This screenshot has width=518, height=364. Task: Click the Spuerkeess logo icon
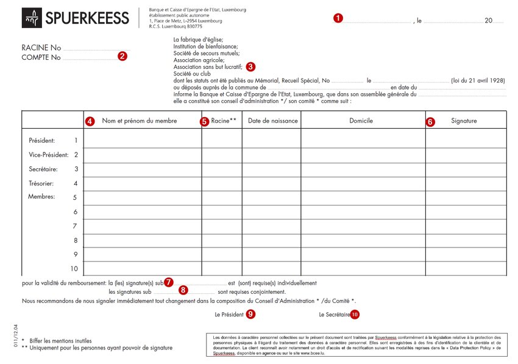tap(32, 18)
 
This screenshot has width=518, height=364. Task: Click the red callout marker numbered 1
tap(338, 18)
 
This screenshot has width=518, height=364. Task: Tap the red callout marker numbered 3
tap(250, 66)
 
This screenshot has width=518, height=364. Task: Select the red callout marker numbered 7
tap(169, 282)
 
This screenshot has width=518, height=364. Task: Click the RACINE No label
tap(41, 48)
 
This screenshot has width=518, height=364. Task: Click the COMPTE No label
tap(41, 58)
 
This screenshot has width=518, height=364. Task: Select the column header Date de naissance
tap(272, 121)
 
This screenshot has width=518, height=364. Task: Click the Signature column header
tap(464, 121)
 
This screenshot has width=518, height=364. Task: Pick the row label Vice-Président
tap(49, 155)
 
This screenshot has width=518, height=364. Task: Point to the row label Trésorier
tap(42, 183)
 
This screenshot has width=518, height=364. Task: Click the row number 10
tap(74, 268)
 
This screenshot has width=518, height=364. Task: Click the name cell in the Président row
tap(143, 141)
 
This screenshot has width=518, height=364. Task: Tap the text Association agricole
tap(199, 60)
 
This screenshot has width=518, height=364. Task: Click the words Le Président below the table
tap(229, 315)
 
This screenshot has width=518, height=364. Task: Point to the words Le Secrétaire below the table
tap(335, 315)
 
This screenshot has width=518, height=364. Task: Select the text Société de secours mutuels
tap(206, 53)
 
